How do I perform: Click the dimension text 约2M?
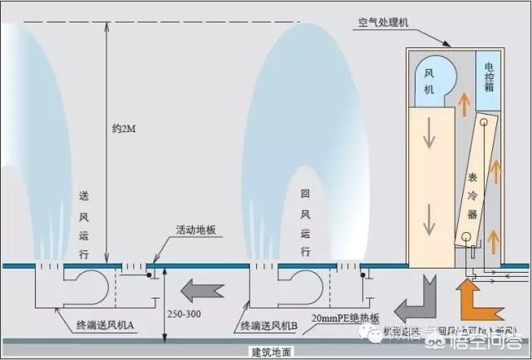[x=126, y=130]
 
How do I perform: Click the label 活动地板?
[x=196, y=229]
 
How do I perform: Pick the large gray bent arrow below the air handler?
[x=416, y=300]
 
